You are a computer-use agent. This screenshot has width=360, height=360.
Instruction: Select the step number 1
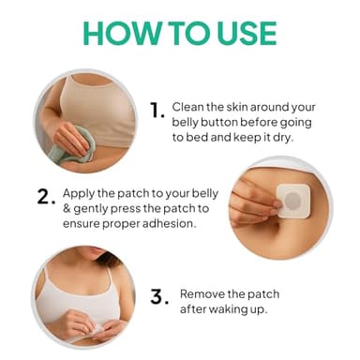pos(157,111)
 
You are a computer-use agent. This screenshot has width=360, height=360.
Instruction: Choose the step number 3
pos(158,297)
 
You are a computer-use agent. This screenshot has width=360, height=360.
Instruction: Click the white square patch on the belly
pos(292,200)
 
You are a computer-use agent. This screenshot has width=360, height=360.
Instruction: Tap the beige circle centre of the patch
pos(293,200)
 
